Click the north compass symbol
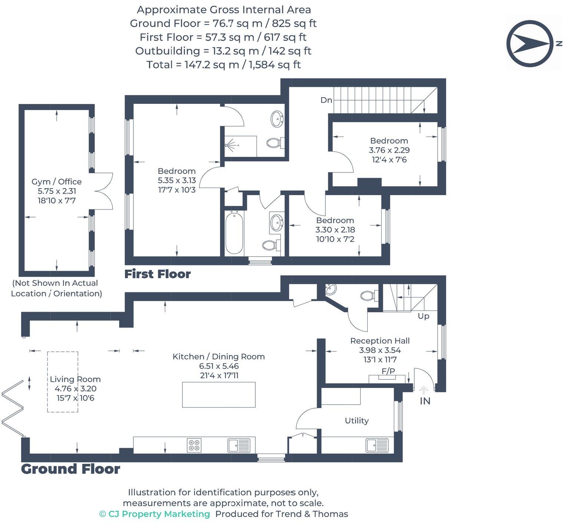click(x=530, y=43)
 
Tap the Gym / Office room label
click(x=56, y=182)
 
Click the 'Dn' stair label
click(x=326, y=100)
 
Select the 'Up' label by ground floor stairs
click(x=424, y=316)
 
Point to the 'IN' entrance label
click(x=425, y=401)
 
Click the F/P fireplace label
click(x=388, y=371)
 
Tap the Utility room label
click(x=356, y=421)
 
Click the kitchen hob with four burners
click(x=194, y=445)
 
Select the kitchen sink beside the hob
click(x=239, y=445)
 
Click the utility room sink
click(x=377, y=445)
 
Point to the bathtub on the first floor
click(x=234, y=233)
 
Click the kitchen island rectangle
click(x=219, y=395)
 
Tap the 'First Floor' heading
click(x=157, y=274)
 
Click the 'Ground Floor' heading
click(x=70, y=469)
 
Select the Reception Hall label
click(x=380, y=341)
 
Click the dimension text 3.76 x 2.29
click(x=389, y=150)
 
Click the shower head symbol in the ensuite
click(x=230, y=145)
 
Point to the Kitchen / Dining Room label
click(x=219, y=357)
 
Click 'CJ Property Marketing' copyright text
click(x=155, y=514)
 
